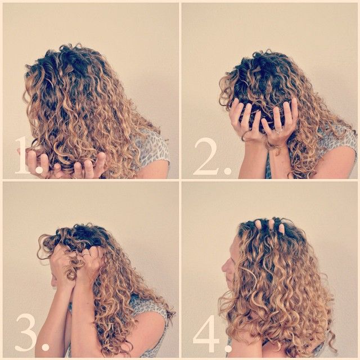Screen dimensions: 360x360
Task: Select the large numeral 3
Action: (26, 332)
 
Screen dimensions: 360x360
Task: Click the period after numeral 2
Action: (227, 171)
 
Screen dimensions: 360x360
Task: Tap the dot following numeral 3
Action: (46, 347)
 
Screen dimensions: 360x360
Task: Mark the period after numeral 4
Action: (228, 348)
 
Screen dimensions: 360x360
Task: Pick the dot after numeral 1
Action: (39, 169)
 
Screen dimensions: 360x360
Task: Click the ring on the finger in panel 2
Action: (279, 132)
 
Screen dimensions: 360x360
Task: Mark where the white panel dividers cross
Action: (180, 180)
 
